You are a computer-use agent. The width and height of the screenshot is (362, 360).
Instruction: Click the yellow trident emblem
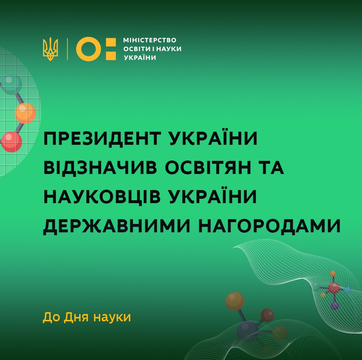[50, 49]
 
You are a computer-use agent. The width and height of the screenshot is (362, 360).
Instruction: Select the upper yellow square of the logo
[111, 42]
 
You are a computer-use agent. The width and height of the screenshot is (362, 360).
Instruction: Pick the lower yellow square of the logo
[111, 55]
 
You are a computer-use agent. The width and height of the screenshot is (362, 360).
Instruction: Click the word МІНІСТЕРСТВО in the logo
[150, 40]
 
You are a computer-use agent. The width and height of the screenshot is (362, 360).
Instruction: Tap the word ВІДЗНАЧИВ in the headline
[100, 167]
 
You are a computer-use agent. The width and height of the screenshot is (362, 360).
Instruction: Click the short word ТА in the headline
[271, 167]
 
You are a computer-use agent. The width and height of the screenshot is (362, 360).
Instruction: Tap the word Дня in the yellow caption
[76, 317]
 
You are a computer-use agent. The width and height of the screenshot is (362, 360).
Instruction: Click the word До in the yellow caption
[51, 317]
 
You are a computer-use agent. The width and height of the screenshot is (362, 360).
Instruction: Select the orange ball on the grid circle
[26, 113]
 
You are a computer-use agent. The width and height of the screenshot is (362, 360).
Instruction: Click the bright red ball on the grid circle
[12, 142]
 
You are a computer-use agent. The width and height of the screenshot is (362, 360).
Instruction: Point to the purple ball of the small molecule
[335, 306]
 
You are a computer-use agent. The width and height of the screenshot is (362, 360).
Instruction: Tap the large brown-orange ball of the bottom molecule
[235, 301]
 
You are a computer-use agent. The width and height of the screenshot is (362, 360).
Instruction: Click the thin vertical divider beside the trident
[68, 49]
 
